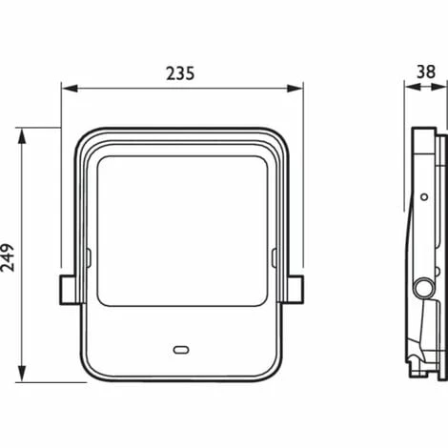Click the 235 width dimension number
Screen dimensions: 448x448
pyautogui.click(x=180, y=73)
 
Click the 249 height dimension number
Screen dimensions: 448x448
pyautogui.click(x=8, y=257)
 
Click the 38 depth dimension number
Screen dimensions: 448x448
pyautogui.click(x=426, y=71)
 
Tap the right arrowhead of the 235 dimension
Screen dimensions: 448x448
pyautogui.click(x=295, y=89)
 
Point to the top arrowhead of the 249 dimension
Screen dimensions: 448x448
pyautogui.click(x=21, y=136)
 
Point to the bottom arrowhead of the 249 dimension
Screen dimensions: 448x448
pyautogui.click(x=21, y=374)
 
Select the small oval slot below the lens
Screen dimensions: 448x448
pyautogui.click(x=181, y=350)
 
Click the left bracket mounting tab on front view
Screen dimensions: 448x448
pyautogui.click(x=68, y=290)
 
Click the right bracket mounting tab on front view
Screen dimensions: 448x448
pyautogui.click(x=295, y=290)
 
